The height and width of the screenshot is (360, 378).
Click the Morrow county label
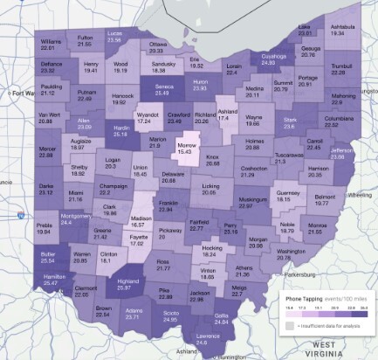click(185, 145)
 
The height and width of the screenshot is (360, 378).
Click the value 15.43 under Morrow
click(185, 152)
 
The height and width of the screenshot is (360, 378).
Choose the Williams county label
click(50, 41)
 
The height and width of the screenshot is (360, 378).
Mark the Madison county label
click(141, 218)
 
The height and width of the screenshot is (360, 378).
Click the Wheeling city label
click(361, 196)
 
